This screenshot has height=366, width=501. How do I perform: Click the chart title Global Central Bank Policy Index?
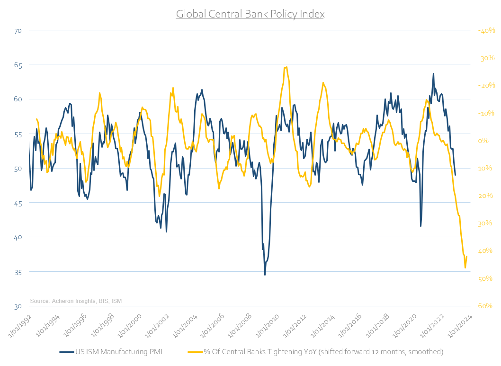tap(250, 14)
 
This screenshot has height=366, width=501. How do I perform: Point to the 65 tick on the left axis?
tap(18, 65)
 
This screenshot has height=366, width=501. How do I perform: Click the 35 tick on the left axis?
tap(18, 272)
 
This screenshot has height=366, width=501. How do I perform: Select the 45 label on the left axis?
tap(18, 203)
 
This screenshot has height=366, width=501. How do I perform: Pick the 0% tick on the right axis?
tap(483, 141)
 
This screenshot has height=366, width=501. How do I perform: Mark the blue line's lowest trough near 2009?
tap(265, 275)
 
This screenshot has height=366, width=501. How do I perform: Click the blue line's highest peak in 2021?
tap(433, 73)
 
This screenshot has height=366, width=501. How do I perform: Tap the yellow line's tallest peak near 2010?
tap(286, 67)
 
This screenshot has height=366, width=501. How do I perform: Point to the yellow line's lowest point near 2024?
tap(465, 268)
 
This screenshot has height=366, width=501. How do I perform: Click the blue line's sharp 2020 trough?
tap(420, 226)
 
